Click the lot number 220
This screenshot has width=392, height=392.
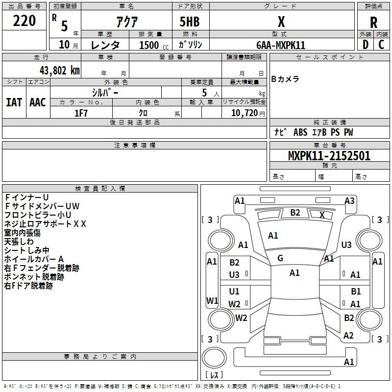pyautogui.click(x=24, y=21)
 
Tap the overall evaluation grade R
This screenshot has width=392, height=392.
pyautogui.click(x=373, y=23)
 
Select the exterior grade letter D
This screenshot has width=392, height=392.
pyautogui.click(x=365, y=44)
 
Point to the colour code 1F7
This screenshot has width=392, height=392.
pyautogui.click(x=81, y=113)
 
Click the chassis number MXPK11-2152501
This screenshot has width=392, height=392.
pyautogui.click(x=329, y=156)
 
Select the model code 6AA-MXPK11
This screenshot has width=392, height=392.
pyautogui.click(x=281, y=45)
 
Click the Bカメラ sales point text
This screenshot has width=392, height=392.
pyautogui.click(x=285, y=79)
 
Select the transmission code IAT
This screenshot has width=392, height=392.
pyautogui.click(x=14, y=102)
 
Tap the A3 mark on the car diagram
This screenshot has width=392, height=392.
pyautogui.click(x=349, y=200)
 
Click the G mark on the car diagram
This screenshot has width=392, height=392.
pyautogui.click(x=280, y=258)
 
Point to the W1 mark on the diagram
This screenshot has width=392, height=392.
pyautogui.click(x=212, y=300)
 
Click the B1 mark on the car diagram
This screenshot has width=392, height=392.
pyautogui.click(x=356, y=292)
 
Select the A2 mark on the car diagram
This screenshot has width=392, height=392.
pyautogui.click(x=348, y=336)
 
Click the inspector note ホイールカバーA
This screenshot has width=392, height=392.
pyautogui.click(x=34, y=259)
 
